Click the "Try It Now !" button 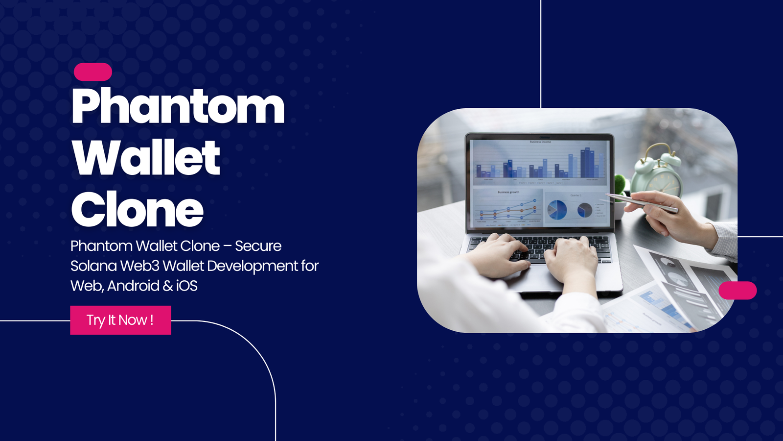(120, 320)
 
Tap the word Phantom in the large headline (178, 107)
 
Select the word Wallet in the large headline (146, 158)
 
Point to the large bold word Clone (137, 210)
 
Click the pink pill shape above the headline (93, 72)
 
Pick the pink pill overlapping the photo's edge (737, 291)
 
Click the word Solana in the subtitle (93, 266)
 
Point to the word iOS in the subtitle (186, 286)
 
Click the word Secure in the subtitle (258, 246)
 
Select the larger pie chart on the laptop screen (557, 210)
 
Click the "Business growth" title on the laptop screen (508, 192)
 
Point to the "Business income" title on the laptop (540, 142)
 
